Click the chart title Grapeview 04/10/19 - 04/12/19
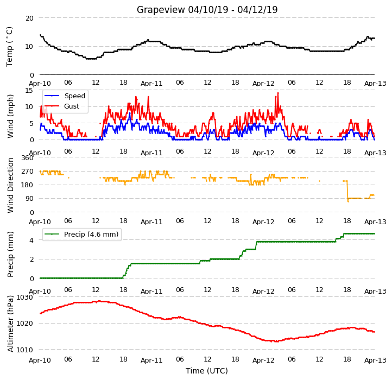tap(207, 10)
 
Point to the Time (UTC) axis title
tap(207, 371)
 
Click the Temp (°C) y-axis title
tap(9, 47)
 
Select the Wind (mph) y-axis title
tap(10, 116)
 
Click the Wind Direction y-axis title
tap(10, 185)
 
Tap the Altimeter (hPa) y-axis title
tap(10, 324)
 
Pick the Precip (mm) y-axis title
tap(10, 254)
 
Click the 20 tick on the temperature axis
tap(29, 18)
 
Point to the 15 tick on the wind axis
tap(29, 91)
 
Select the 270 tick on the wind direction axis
tap(28, 172)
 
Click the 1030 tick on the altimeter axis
tap(25, 297)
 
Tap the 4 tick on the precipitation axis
tap(31, 240)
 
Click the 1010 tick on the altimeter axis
tap(25, 350)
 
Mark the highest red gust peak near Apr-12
tap(278, 93)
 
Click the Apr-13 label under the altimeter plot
tap(375, 360)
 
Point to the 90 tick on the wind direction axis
tap(29, 199)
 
